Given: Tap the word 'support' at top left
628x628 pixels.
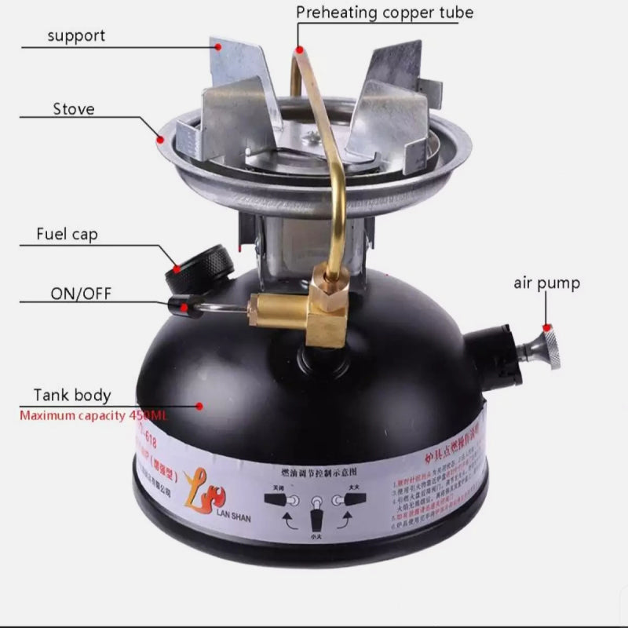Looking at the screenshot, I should point(76,35).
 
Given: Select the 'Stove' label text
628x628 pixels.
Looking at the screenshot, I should point(74,108).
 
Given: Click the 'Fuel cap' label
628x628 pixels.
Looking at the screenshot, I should point(68,234).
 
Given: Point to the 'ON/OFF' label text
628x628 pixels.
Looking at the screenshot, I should point(81,294).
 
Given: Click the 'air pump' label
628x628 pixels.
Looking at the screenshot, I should point(546,283).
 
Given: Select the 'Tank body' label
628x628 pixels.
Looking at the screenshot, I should point(72,395).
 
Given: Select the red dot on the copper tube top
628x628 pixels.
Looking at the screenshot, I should point(298,49).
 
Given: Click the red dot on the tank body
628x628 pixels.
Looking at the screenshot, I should point(199,406).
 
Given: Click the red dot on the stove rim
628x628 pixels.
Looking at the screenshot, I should point(160,141).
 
